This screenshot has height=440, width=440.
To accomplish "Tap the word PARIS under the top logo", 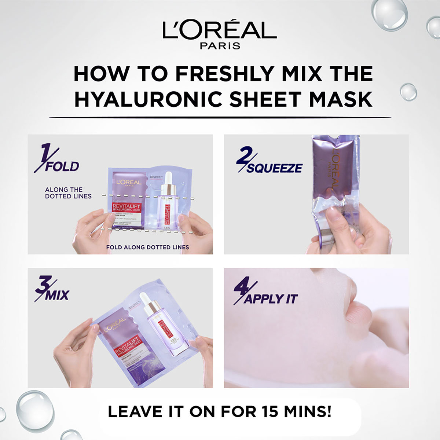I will (x=220, y=46).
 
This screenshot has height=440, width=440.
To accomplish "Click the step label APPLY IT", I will (x=271, y=299).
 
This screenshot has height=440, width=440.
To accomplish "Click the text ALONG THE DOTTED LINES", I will (x=68, y=193).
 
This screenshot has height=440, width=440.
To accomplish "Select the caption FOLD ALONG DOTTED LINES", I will (x=147, y=247).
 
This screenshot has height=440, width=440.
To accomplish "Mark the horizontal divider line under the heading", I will (x=220, y=117).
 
